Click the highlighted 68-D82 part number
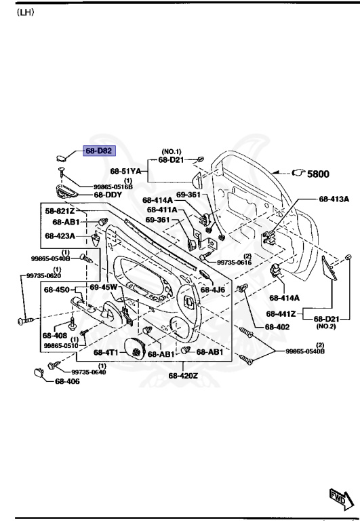pos(98,151)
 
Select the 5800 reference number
pos(318,174)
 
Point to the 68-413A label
pos(334,199)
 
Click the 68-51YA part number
pos(125,171)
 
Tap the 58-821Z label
pos(60,212)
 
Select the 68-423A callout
pos(60,236)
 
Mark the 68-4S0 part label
pos(57,290)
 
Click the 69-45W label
pos(104,287)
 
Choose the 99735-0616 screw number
pos(235,262)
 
